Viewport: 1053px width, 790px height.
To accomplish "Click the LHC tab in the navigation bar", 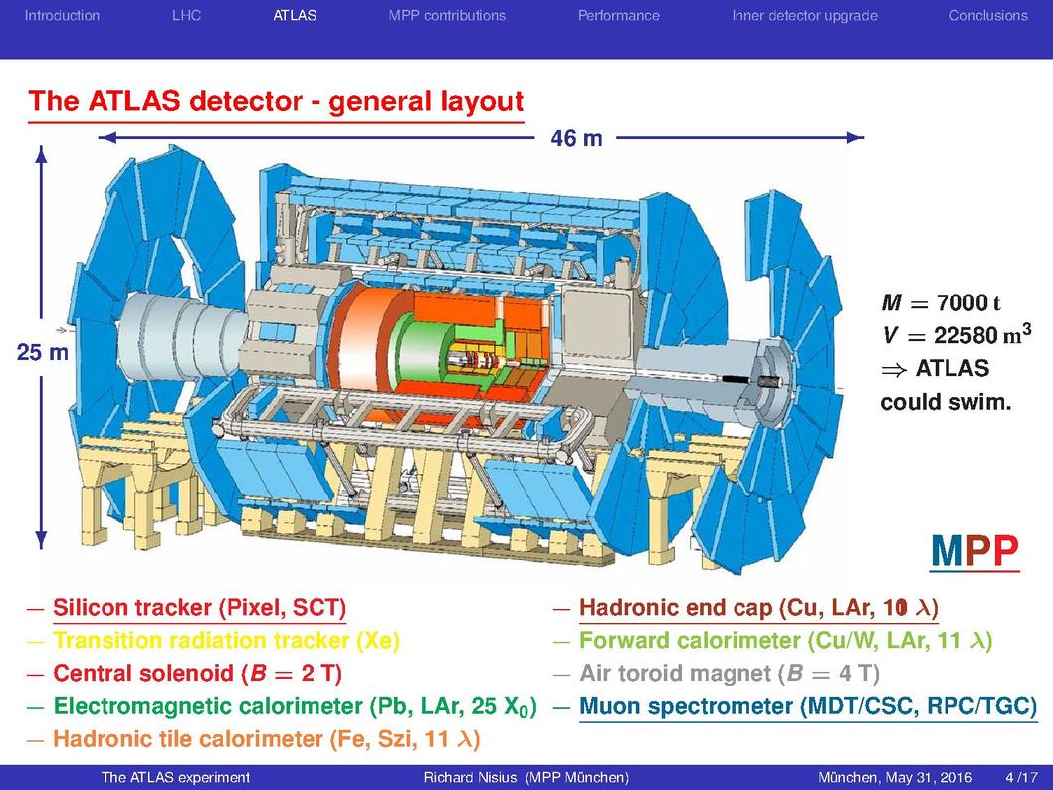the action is click(x=186, y=16).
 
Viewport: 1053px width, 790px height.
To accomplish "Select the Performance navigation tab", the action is click(x=618, y=16).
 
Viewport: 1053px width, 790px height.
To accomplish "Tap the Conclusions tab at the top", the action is click(x=988, y=16).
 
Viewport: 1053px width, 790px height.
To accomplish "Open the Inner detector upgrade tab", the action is click(x=804, y=16).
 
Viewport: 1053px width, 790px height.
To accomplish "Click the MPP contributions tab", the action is click(x=447, y=16).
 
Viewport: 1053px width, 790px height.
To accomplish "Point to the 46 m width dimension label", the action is click(x=576, y=138).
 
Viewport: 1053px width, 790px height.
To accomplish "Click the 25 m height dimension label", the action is click(x=43, y=351).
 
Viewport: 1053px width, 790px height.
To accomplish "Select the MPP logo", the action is click(x=974, y=552).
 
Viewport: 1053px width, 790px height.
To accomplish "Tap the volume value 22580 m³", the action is click(x=982, y=334).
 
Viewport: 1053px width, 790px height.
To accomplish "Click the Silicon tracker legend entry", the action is click(x=199, y=608).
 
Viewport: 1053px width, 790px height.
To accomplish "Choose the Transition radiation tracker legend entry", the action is click(x=226, y=641).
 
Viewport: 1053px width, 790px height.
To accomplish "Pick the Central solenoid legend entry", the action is click(x=197, y=674).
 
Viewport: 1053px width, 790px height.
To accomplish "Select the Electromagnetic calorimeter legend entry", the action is click(x=295, y=706).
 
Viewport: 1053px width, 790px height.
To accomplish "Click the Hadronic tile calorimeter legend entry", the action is click(x=267, y=739).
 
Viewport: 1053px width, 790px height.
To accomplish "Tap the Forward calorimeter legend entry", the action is click(x=785, y=641).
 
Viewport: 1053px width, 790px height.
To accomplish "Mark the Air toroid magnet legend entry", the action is click(x=730, y=674).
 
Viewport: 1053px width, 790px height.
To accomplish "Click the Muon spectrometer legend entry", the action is click(x=808, y=706).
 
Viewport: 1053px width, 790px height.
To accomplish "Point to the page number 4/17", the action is click(x=1021, y=778).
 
